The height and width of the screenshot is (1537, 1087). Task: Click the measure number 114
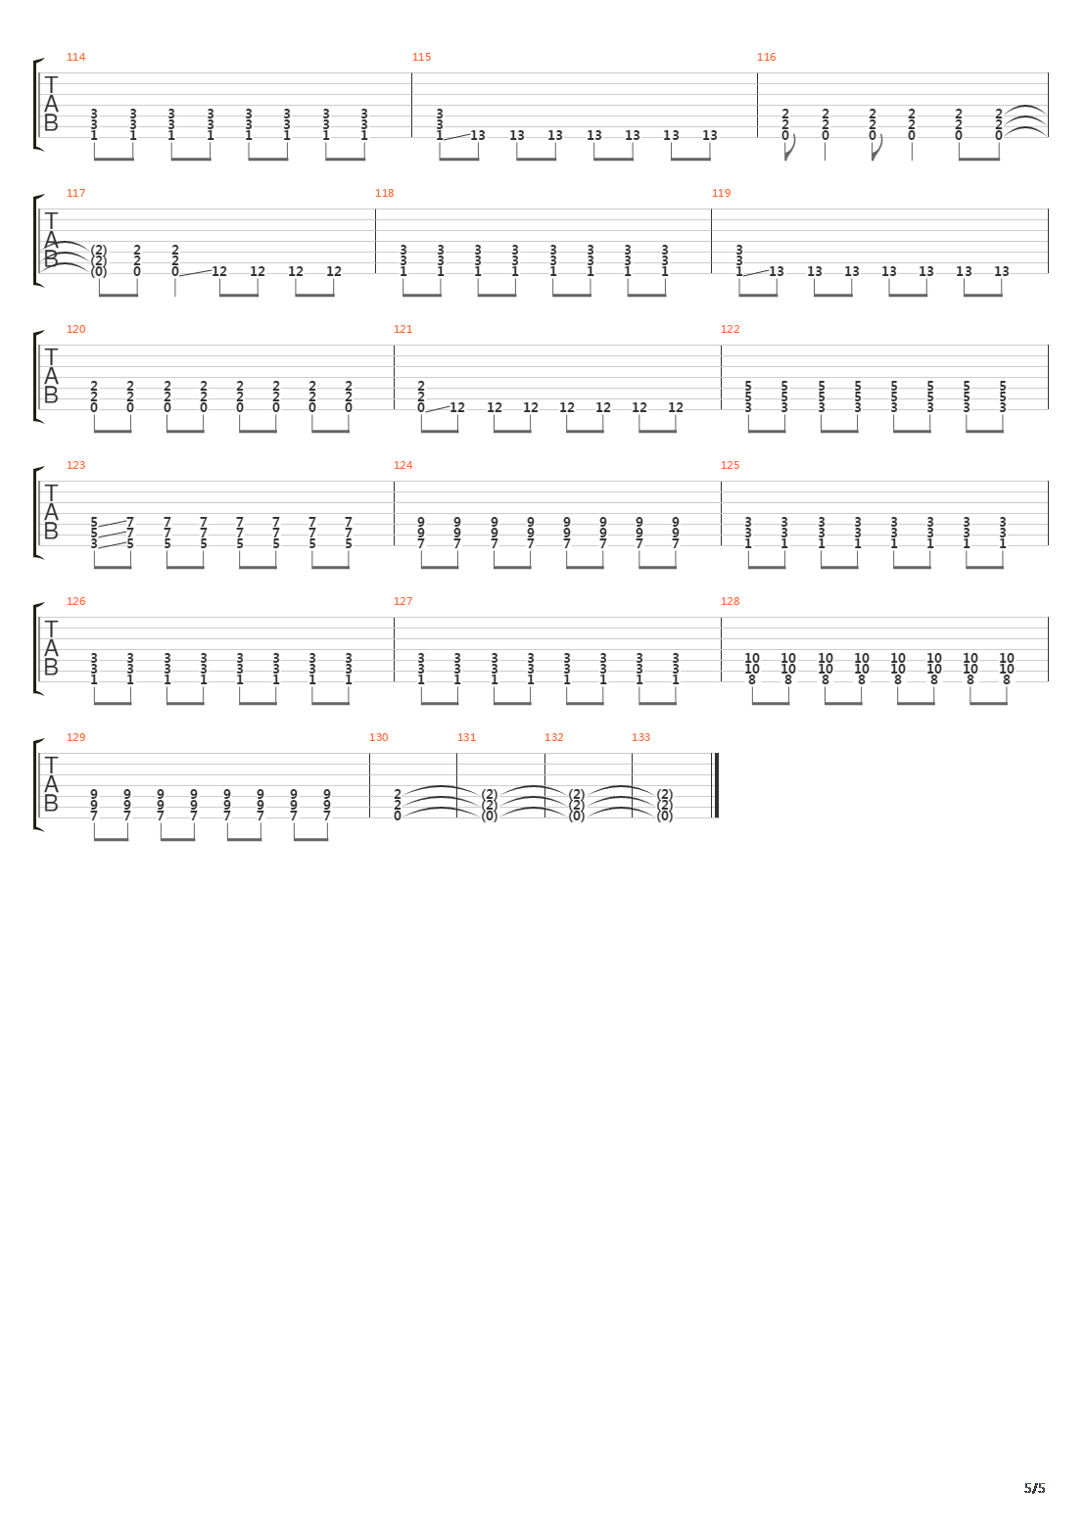pyautogui.click(x=75, y=57)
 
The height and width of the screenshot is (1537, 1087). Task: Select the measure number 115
pyautogui.click(x=421, y=57)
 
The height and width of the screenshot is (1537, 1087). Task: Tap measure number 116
pyautogui.click(x=766, y=57)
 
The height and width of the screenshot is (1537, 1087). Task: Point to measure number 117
pyautogui.click(x=75, y=193)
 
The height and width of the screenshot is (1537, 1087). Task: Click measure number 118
pyautogui.click(x=384, y=193)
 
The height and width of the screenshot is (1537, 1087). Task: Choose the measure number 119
pyautogui.click(x=721, y=193)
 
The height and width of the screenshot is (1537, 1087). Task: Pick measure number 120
pyautogui.click(x=75, y=329)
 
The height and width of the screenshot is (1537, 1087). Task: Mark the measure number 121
pyautogui.click(x=402, y=329)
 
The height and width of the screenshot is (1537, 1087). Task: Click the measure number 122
pyautogui.click(x=730, y=329)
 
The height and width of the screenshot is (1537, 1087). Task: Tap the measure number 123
pyautogui.click(x=75, y=465)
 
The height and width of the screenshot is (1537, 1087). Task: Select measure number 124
pyautogui.click(x=402, y=465)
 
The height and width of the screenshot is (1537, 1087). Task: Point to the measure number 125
pyautogui.click(x=730, y=465)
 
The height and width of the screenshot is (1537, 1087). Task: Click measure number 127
pyautogui.click(x=402, y=601)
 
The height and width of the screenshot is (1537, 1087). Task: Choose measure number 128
pyautogui.click(x=730, y=601)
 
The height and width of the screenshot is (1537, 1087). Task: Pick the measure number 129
pyautogui.click(x=75, y=737)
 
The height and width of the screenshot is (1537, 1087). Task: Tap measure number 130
pyautogui.click(x=378, y=737)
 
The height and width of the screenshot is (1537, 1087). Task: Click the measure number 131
pyautogui.click(x=466, y=737)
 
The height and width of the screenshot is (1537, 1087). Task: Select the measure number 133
pyautogui.click(x=640, y=737)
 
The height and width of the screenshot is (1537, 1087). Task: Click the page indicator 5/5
pyautogui.click(x=1034, y=1489)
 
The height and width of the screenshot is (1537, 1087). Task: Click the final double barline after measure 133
pyautogui.click(x=718, y=785)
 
